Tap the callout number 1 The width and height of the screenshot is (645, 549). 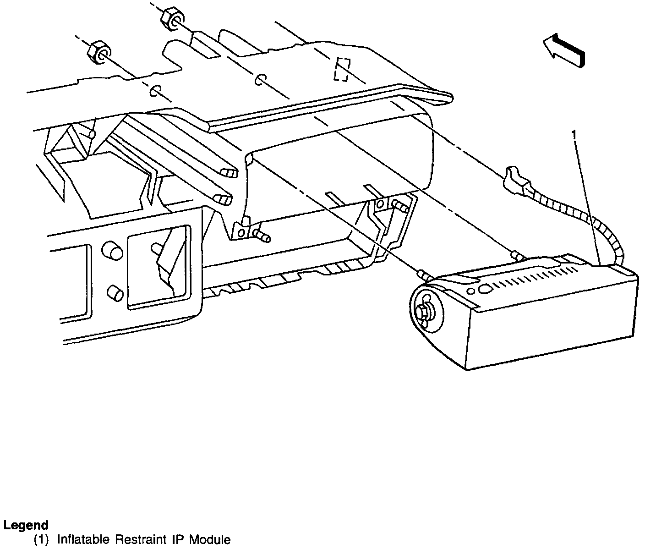573,134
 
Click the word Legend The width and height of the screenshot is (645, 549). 26,525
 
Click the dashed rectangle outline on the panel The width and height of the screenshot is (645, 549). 342,69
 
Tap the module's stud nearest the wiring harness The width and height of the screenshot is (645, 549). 517,255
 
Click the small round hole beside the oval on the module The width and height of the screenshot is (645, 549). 470,291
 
